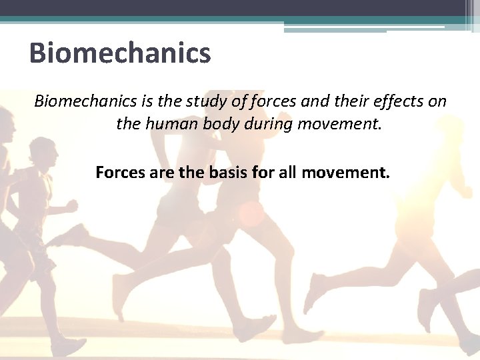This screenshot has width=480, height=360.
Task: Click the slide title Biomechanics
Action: (x=120, y=53)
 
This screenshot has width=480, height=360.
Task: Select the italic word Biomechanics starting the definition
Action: (x=85, y=101)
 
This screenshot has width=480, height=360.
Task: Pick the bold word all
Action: (x=287, y=173)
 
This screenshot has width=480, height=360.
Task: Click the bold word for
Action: (x=261, y=173)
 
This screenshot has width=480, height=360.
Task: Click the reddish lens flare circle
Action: (x=252, y=213)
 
